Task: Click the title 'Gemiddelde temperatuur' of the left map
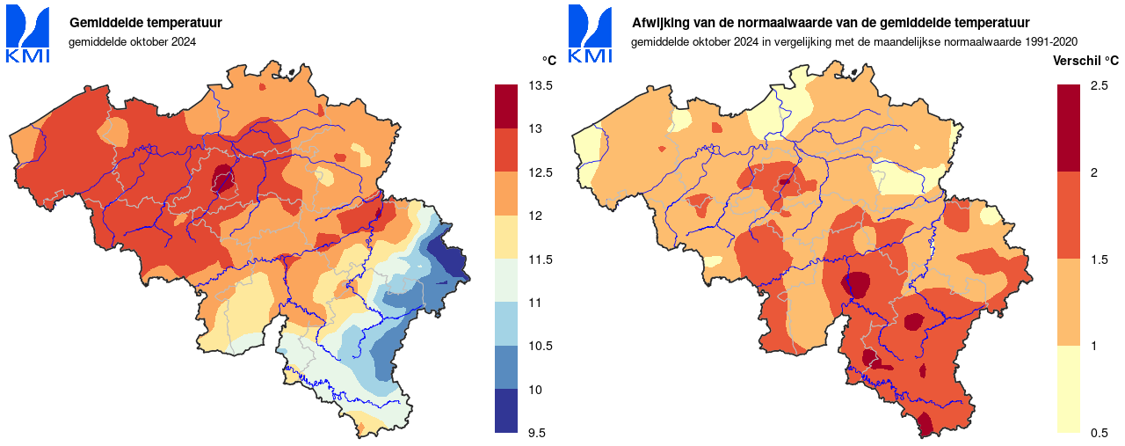[146, 23]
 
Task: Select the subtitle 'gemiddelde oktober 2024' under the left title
[132, 41]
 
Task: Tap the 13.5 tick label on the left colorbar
[541, 86]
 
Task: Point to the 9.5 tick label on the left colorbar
[538, 433]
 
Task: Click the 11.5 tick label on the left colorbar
[541, 260]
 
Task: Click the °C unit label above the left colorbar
[548, 61]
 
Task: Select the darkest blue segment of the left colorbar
[506, 411]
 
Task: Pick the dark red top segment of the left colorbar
[506, 106]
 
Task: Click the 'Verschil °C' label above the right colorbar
[1086, 61]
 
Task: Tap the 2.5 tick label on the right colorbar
[1099, 86]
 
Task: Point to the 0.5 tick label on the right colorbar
[1099, 433]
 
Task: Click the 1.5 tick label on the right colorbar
[1099, 260]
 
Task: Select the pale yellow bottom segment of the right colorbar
[1068, 389]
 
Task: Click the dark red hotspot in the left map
[223, 179]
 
